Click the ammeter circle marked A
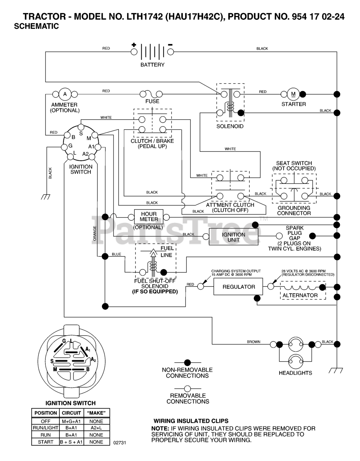[x=65, y=94]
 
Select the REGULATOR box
[x=239, y=287]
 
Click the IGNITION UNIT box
[x=234, y=237]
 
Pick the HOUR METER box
[x=149, y=216]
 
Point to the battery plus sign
[x=134, y=45]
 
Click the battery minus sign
[x=170, y=45]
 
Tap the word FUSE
[x=152, y=102]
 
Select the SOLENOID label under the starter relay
[x=230, y=126]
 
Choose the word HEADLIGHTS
[x=295, y=373]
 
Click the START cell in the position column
[x=45, y=442]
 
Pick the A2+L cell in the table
[x=96, y=428]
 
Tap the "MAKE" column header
[x=96, y=413]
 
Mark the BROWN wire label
[x=253, y=342]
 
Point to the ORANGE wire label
[x=95, y=233]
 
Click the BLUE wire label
[x=116, y=254]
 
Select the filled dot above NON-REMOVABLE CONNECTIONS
[x=187, y=362]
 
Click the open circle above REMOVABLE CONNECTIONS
[x=187, y=389]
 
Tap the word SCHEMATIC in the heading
[x=36, y=26]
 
